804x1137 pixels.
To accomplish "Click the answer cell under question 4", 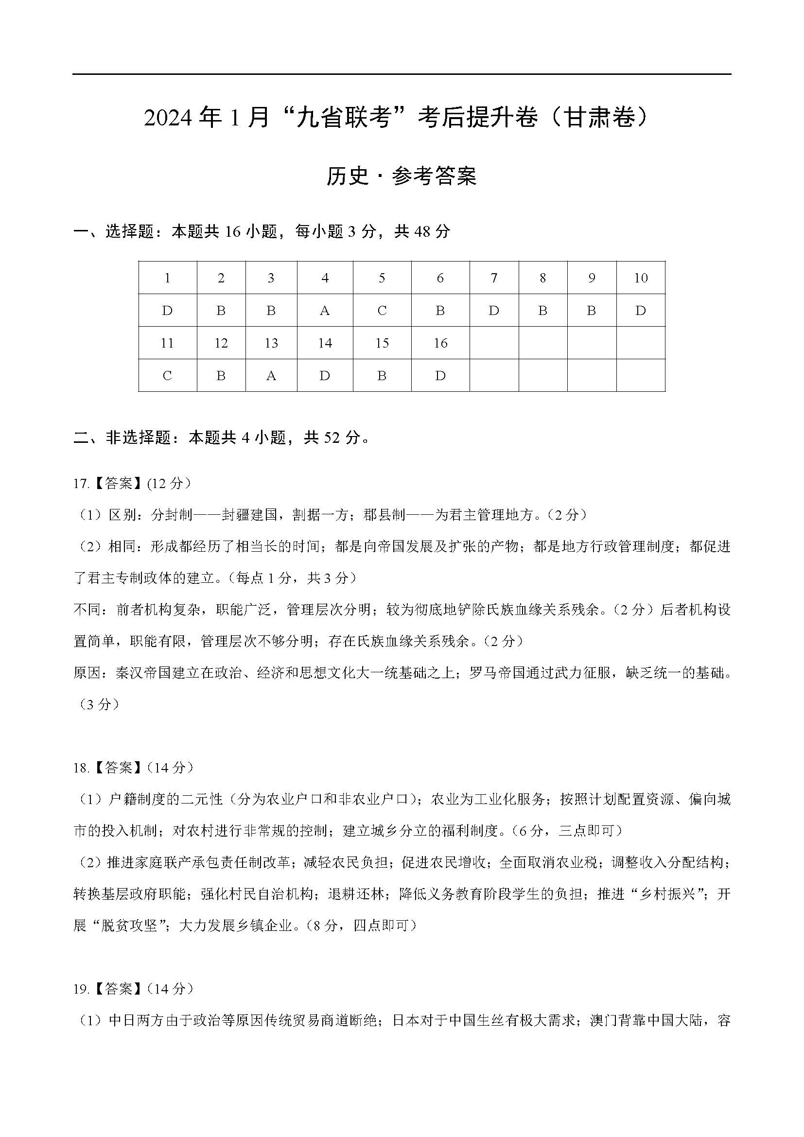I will [x=325, y=311].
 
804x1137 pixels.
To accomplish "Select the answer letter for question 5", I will [x=382, y=311].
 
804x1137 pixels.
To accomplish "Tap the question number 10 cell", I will [x=641, y=278].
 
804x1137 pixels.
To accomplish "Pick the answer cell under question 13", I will [x=271, y=376].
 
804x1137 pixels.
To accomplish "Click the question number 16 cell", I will [x=440, y=343].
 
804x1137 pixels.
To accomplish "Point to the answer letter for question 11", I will [x=167, y=376].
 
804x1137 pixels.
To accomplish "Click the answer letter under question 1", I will [x=167, y=311].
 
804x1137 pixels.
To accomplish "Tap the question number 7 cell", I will [x=493, y=278].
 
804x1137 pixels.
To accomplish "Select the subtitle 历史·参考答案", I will [x=401, y=176].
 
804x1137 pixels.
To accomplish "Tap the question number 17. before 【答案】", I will [x=81, y=484].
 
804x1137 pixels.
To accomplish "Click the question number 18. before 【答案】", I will [x=81, y=768].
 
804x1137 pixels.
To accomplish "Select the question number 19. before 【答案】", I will [x=81, y=989].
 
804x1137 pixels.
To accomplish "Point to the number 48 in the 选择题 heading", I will [x=424, y=231].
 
